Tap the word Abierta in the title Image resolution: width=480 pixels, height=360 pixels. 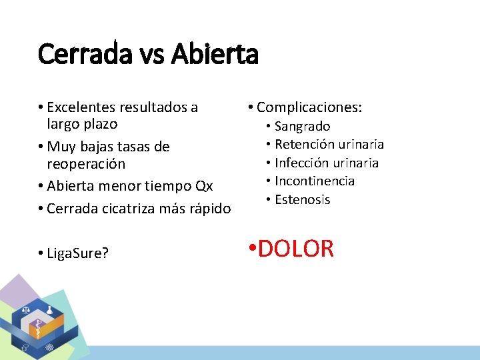click(x=214, y=54)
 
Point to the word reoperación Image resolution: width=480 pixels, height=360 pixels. click(x=86, y=163)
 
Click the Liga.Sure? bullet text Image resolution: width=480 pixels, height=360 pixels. click(x=77, y=253)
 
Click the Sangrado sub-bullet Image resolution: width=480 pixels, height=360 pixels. click(x=302, y=126)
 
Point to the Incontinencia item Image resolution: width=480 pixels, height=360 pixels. click(x=314, y=181)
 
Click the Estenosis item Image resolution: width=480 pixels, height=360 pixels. click(x=302, y=200)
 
